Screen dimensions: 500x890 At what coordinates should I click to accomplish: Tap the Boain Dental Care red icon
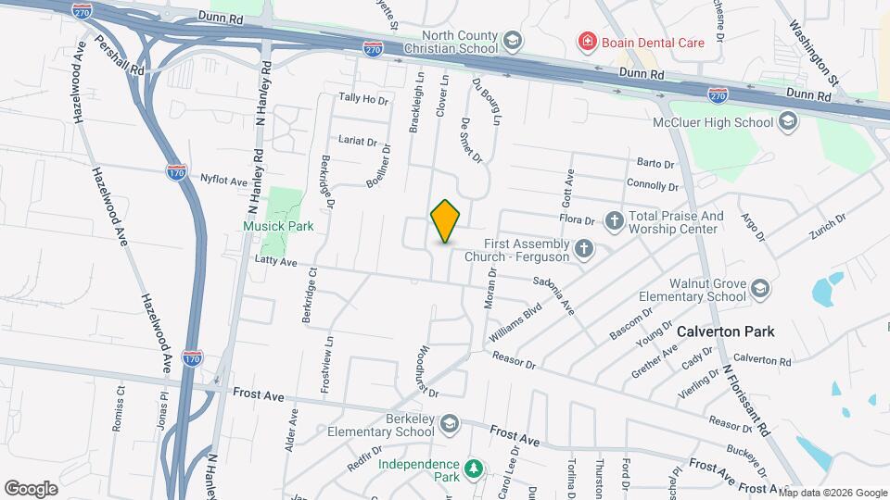click(586, 42)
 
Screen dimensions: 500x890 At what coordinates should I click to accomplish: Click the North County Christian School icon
click(513, 42)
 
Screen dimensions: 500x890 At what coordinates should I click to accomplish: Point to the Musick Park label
click(278, 226)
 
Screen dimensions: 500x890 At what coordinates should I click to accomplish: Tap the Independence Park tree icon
click(474, 469)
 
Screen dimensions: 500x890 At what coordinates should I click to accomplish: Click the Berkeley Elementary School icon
click(450, 423)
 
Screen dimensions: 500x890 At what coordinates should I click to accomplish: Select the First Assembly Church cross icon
click(583, 248)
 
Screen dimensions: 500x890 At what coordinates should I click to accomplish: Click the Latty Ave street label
click(275, 263)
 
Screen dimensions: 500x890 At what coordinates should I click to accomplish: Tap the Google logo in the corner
click(32, 488)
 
